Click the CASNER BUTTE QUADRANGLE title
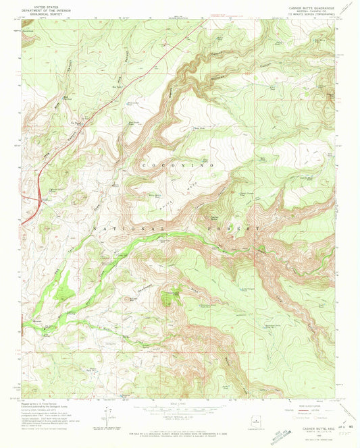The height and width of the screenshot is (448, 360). click(x=311, y=5)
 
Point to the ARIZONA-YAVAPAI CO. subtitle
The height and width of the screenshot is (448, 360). click(x=311, y=8)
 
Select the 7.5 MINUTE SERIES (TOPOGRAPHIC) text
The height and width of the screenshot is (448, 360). click(x=311, y=11)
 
